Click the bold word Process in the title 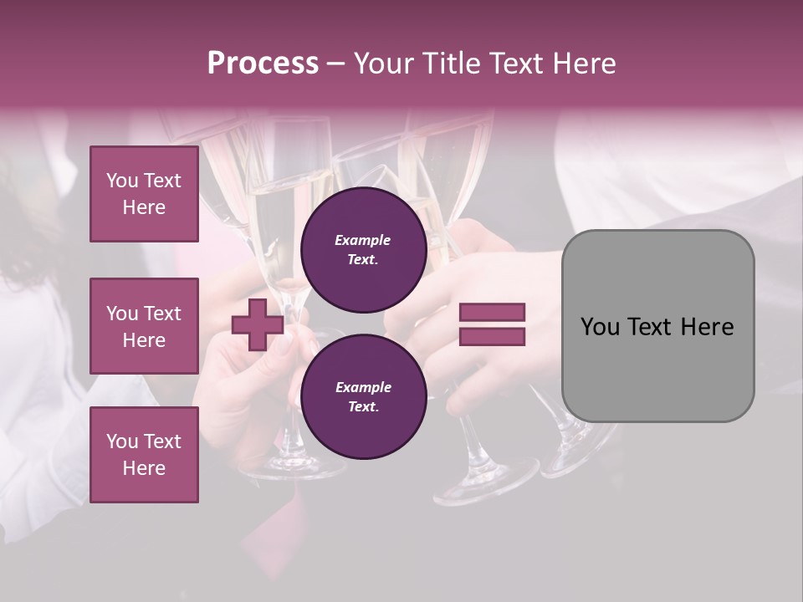[263, 64]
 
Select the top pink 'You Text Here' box [144, 194]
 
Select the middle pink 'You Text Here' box [144, 326]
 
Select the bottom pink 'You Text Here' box [144, 455]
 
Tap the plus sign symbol [258, 325]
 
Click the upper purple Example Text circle [363, 250]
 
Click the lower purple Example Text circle [363, 397]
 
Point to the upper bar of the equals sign [492, 313]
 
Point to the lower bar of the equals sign [492, 337]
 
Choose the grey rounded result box [657, 325]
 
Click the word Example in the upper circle [362, 241]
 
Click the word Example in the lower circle [362, 388]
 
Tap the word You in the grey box [600, 327]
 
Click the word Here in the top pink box [144, 207]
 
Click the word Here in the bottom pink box [144, 468]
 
